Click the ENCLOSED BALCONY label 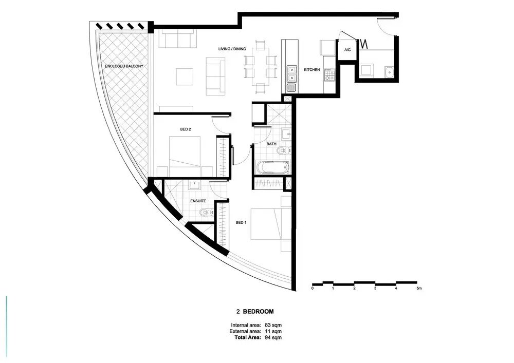(x=124, y=66)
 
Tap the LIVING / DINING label (x=232, y=49)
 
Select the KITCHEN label (x=312, y=70)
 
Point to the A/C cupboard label (x=347, y=50)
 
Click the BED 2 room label (x=186, y=129)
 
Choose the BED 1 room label (x=241, y=223)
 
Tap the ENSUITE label (x=198, y=201)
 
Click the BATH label (x=271, y=144)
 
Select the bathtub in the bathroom (x=273, y=167)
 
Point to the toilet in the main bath (x=283, y=151)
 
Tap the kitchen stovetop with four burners (x=329, y=75)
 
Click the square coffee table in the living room (x=185, y=77)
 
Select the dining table (x=261, y=67)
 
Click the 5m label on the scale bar (x=418, y=289)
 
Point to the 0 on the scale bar (x=313, y=289)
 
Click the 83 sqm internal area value (x=273, y=326)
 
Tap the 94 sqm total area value (x=273, y=337)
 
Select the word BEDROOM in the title (x=259, y=312)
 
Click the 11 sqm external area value (x=273, y=331)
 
